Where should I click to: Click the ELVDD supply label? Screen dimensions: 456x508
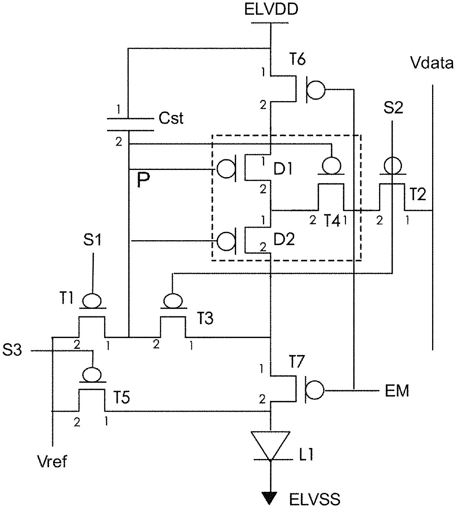pos(271,10)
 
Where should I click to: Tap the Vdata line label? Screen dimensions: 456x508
pos(432,63)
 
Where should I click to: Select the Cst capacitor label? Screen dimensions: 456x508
pos(171,118)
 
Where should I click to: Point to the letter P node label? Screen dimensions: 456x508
pos(143,180)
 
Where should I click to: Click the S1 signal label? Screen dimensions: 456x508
pos(92,240)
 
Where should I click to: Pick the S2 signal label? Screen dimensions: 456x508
pos(393,108)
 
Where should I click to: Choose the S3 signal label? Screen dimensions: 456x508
pos(12,350)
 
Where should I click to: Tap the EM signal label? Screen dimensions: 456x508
pos(397,390)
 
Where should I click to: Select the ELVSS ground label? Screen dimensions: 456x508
pos(315,499)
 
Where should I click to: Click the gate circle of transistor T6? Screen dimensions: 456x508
pos(316,90)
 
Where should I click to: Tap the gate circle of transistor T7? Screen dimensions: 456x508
pos(316,390)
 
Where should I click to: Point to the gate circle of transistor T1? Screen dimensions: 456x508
pos(92,301)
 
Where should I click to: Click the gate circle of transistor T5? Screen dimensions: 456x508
pos(92,375)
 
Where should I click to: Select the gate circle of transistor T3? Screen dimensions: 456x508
pos(173,301)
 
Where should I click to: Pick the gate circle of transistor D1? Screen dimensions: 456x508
pos(226,169)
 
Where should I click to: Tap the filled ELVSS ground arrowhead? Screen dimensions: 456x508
pos(270,498)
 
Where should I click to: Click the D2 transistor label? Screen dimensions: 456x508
pos(284,239)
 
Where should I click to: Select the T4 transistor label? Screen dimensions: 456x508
pos(332,221)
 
